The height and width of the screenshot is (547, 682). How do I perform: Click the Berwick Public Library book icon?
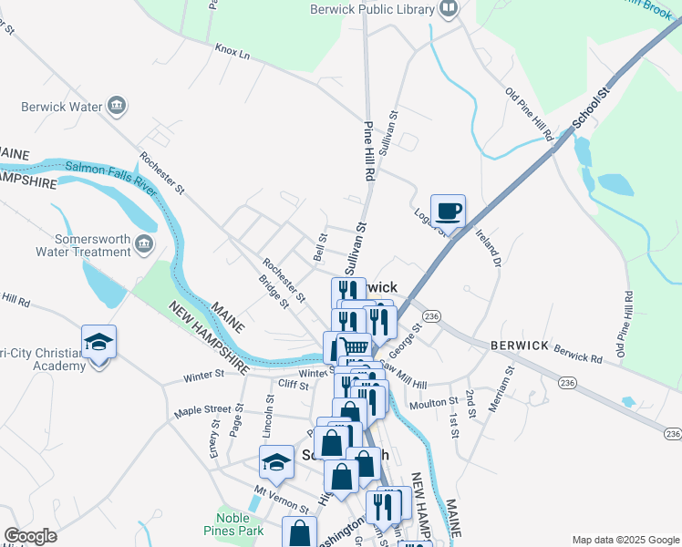[x=449, y=10]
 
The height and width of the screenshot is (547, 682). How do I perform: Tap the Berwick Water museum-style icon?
[x=116, y=107]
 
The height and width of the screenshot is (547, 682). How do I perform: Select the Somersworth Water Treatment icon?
[x=143, y=244]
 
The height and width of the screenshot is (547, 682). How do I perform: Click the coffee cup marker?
[x=448, y=212]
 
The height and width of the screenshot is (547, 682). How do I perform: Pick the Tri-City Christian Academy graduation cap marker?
[x=98, y=343]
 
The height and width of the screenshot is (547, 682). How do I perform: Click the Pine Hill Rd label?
[x=370, y=150]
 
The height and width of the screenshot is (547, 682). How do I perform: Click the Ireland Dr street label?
[x=489, y=247]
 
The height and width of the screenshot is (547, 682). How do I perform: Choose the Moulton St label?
[x=433, y=402]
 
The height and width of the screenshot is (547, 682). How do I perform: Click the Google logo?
[x=30, y=536]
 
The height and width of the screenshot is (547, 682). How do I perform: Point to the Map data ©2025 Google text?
[x=625, y=540]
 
